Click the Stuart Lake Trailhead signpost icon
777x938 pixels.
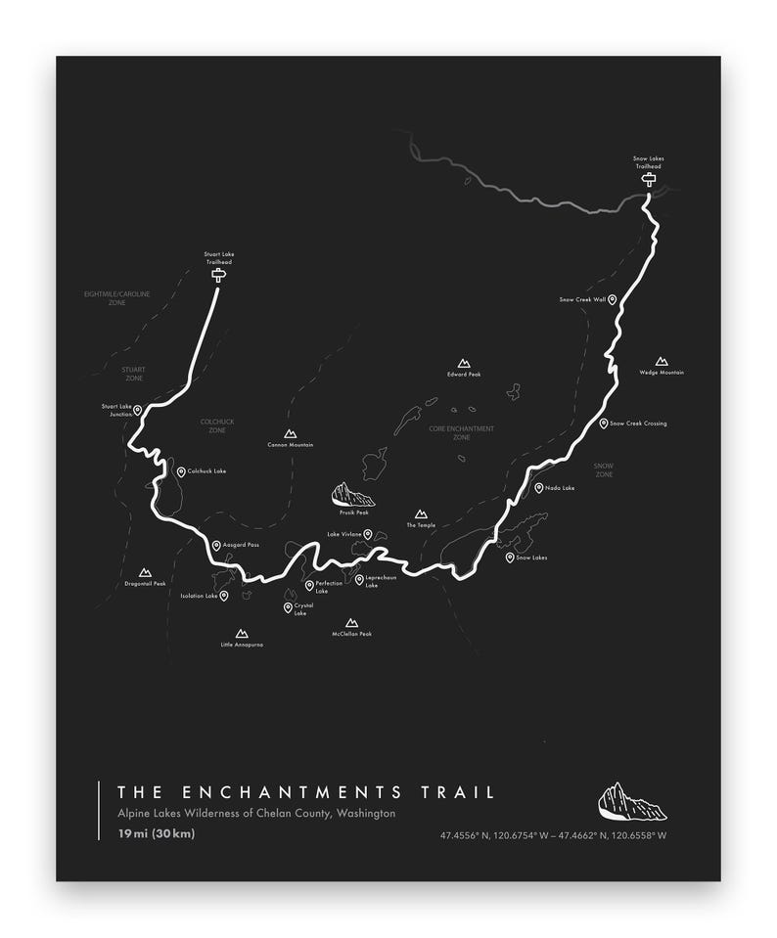point(218,276)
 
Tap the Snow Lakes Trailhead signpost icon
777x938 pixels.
point(648,179)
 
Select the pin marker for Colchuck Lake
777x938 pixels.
point(181,471)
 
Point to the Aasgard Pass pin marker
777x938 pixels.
point(216,545)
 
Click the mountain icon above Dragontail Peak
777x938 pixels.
point(146,572)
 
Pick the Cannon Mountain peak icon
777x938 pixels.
point(290,433)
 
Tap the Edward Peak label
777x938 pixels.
point(464,375)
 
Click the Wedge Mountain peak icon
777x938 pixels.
point(662,361)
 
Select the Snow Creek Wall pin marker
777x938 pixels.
point(613,299)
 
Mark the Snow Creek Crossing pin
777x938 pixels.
point(604,424)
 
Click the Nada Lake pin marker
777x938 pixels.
point(538,487)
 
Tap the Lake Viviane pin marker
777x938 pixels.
point(368,534)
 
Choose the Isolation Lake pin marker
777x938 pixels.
point(224,595)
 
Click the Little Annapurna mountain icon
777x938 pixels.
point(242,634)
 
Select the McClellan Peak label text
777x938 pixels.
point(352,634)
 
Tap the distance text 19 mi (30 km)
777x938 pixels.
point(157,833)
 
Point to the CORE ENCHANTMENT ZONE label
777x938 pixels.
point(461,432)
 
